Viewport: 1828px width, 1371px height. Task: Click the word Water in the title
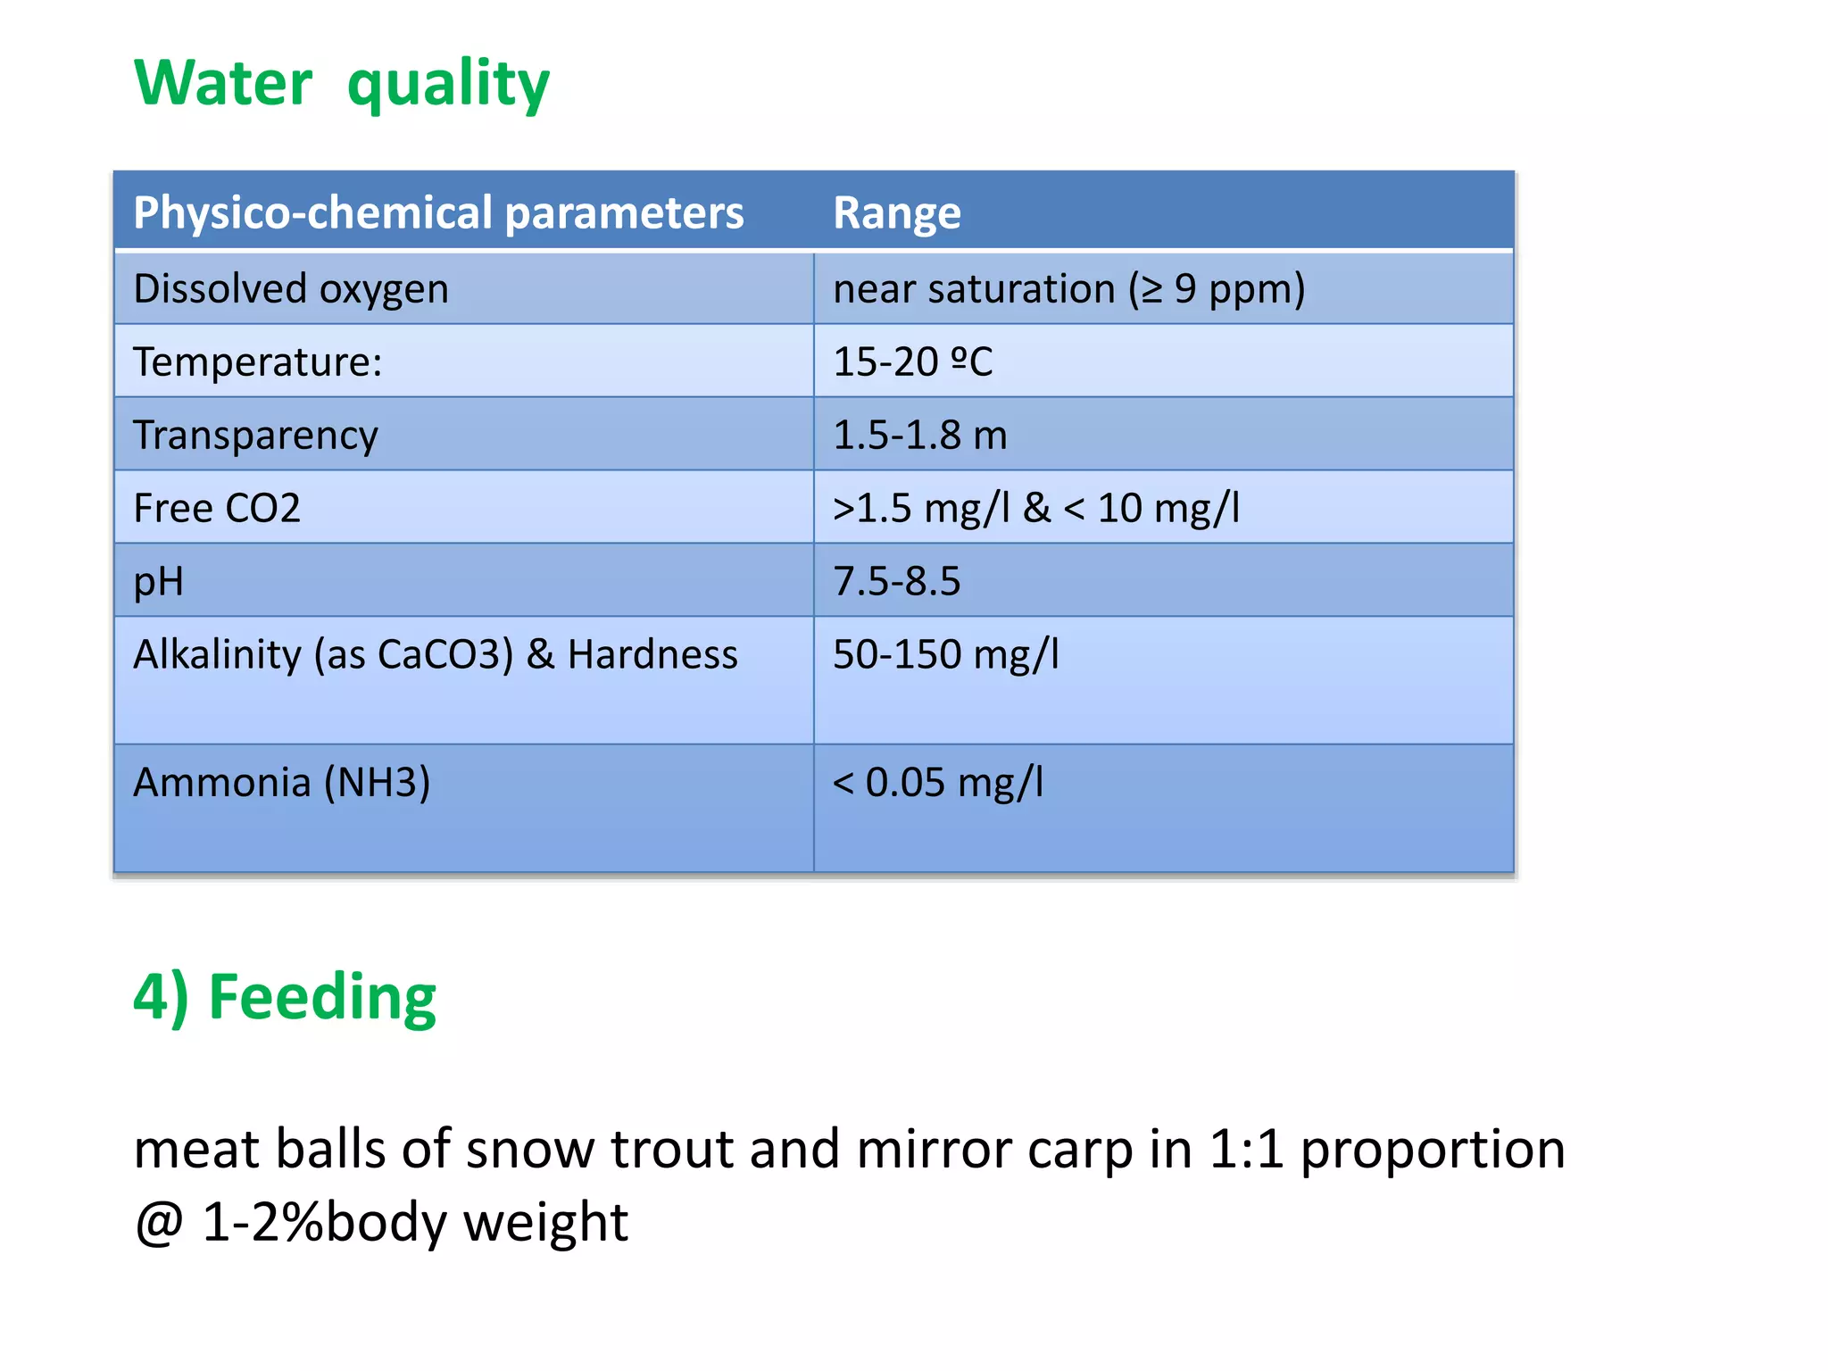click(223, 83)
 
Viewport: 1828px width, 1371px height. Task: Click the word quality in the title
click(448, 85)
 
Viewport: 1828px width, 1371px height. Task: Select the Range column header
click(896, 212)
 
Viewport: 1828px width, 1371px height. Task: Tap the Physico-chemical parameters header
click(437, 212)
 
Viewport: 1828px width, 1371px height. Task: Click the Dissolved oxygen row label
click(290, 289)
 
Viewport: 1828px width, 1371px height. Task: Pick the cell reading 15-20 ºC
click(912, 362)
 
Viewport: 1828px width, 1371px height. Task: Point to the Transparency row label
click(255, 436)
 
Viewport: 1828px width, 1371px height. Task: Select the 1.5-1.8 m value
click(919, 436)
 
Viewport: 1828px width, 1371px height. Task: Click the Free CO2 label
click(217, 509)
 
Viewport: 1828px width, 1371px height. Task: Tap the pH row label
click(158, 582)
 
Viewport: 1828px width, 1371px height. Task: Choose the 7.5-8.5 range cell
click(896, 582)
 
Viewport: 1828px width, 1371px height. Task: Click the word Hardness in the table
click(652, 655)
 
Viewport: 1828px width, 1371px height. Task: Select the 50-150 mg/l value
click(945, 655)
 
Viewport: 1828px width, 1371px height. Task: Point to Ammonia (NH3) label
click(281, 783)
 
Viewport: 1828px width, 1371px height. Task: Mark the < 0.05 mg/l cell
click(937, 783)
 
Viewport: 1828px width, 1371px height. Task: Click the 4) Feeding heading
click(284, 997)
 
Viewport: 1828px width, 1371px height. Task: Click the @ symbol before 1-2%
click(159, 1223)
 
